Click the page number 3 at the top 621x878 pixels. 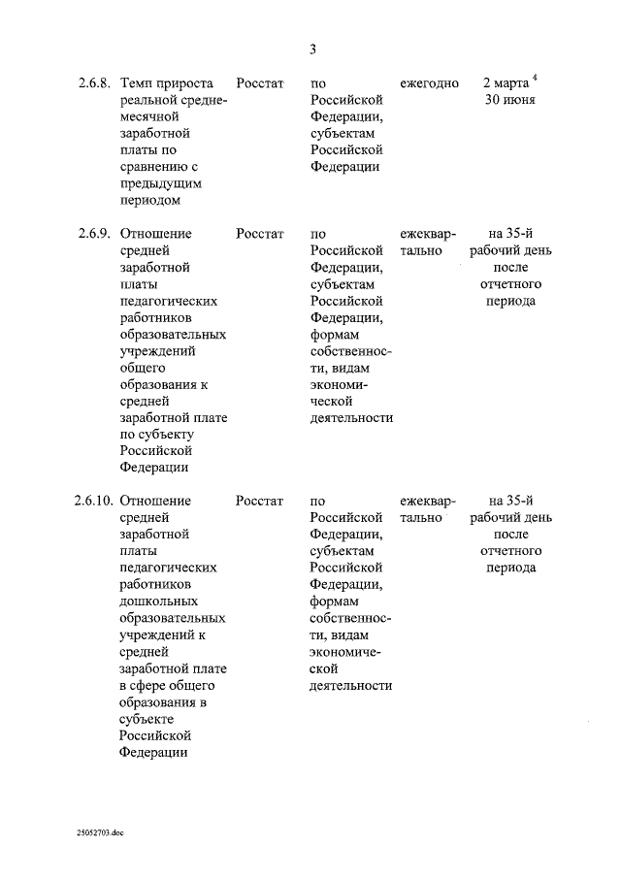pyautogui.click(x=312, y=49)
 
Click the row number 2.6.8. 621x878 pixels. pyautogui.click(x=94, y=83)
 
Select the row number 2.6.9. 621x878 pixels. pyautogui.click(x=94, y=234)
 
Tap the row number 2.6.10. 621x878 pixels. pyautogui.click(x=92, y=502)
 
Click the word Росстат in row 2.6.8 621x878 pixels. pyautogui.click(x=259, y=83)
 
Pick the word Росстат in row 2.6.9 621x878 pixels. pyautogui.click(x=259, y=234)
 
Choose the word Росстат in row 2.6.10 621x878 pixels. pyautogui.click(x=259, y=502)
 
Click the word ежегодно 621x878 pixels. pyautogui.click(x=429, y=83)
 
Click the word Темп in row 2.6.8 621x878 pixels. pyautogui.click(x=136, y=83)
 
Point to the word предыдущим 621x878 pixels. pyautogui.click(x=159, y=183)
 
